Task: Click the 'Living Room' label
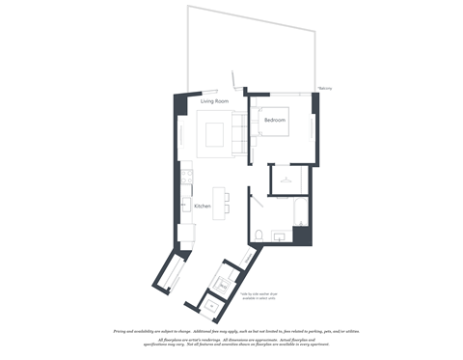pos(213,100)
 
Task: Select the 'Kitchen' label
pos(203,207)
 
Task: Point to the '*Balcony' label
pos(325,88)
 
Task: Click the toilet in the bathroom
pos(260,234)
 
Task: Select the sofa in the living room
pos(236,133)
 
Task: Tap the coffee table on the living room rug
pos(214,133)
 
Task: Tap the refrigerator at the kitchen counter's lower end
pos(188,233)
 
